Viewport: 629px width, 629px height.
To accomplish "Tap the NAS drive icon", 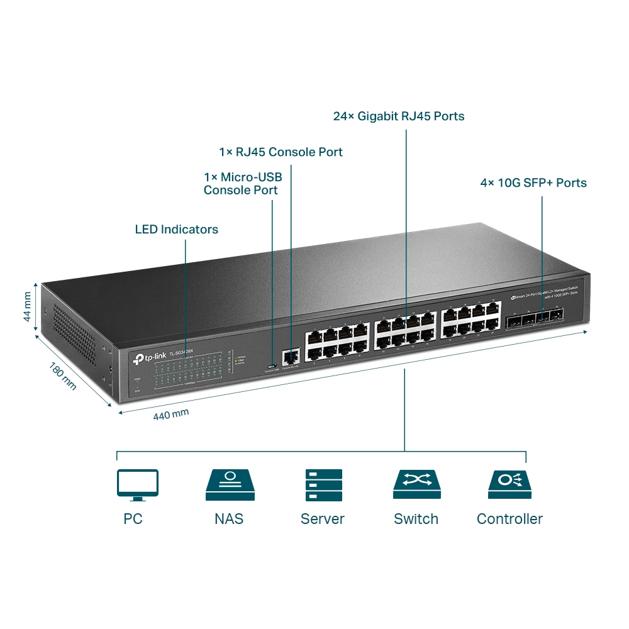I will pos(230,485).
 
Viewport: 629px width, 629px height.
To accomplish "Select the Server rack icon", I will pos(323,485).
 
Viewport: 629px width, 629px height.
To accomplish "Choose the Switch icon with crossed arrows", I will pos(416,485).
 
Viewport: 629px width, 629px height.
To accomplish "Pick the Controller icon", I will pos(509,485).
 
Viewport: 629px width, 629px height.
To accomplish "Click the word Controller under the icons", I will pos(509,519).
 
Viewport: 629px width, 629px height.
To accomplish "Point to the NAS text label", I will pos(229,519).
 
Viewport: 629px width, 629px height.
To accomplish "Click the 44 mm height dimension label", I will pos(27,306).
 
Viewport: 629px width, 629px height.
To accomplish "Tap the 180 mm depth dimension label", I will pos(62,376).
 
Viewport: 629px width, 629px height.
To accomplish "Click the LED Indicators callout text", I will pos(177,230).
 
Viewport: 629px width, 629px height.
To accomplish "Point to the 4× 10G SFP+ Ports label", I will pos(533,183).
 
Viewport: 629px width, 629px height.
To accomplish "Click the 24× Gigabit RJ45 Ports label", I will pos(399,116).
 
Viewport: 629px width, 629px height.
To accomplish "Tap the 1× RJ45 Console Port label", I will pos(281,152).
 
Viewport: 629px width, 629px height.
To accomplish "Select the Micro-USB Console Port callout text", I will pos(243,184).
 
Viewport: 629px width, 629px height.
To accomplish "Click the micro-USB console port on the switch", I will pos(272,366).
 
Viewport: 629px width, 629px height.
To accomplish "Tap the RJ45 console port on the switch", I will pos(290,357).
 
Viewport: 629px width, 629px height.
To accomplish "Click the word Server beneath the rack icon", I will pos(323,519).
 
